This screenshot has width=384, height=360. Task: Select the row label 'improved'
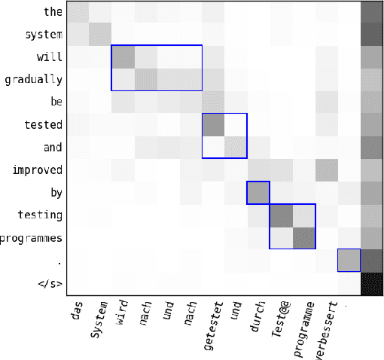38,170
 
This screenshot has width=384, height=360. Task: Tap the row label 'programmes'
34,238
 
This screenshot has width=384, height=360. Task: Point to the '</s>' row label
47,284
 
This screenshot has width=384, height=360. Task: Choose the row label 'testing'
41,215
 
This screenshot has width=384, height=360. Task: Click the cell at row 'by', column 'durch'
258,193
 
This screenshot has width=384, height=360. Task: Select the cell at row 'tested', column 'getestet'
213,125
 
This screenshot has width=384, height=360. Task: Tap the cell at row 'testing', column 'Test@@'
281,215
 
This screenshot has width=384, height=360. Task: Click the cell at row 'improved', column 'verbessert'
326,170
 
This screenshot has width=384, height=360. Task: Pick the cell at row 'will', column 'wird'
123,57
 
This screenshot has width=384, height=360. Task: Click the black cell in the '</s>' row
371,283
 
